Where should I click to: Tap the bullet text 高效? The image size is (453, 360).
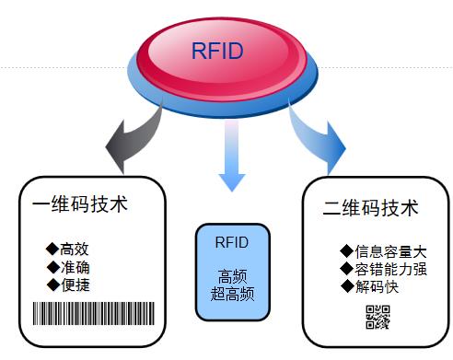(x=75, y=249)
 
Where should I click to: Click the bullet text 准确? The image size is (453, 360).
(x=75, y=267)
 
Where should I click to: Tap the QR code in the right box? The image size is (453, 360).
(x=378, y=317)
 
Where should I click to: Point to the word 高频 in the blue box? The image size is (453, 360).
(x=231, y=278)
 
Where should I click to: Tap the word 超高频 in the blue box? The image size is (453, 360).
(x=231, y=296)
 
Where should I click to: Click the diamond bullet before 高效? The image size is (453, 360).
(x=52, y=249)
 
